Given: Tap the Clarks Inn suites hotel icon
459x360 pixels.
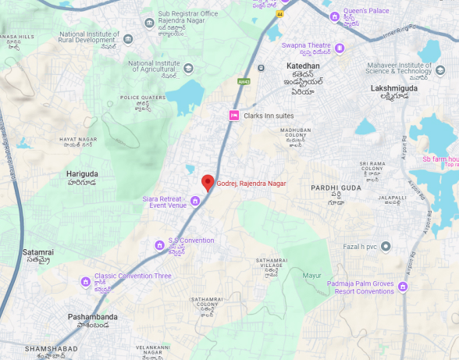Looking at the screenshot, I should point(233,116).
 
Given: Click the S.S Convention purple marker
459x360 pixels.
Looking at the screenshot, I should point(159,244).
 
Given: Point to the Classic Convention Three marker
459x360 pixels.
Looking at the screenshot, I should point(86,281).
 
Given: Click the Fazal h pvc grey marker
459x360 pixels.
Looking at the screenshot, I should point(386,247).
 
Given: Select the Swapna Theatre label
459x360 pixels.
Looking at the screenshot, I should point(306,45).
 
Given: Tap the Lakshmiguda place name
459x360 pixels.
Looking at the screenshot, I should point(394,89).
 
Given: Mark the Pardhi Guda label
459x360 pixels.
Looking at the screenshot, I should point(336,188).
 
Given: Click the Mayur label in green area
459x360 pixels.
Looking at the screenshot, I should point(312,276).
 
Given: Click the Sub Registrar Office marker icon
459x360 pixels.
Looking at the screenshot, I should point(149,18).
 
